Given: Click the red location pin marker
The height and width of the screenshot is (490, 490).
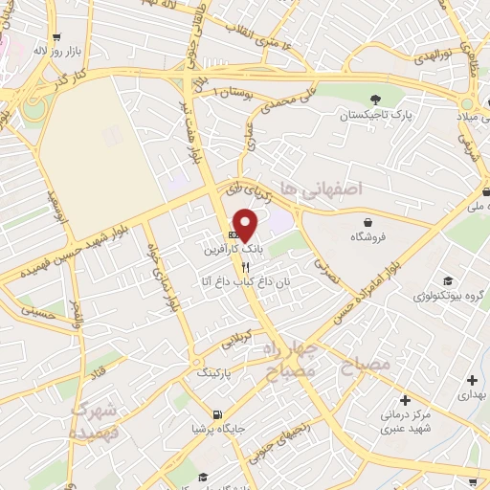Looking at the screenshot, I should (246, 225).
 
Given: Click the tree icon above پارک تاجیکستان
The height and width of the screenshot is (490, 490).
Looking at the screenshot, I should (375, 100).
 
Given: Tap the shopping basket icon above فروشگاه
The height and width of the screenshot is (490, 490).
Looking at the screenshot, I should (368, 222).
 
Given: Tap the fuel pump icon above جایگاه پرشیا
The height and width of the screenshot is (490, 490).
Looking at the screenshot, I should (217, 415).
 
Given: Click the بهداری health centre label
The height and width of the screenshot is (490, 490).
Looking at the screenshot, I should (472, 393).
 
